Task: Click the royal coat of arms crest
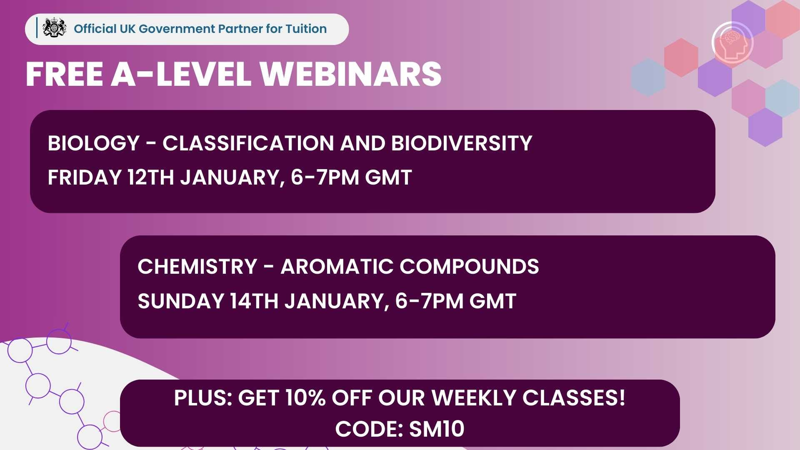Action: [55, 28]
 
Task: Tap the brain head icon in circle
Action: [732, 43]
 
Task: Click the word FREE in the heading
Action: [65, 74]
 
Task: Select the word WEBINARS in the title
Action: [350, 74]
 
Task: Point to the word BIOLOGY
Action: [93, 143]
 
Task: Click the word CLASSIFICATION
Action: [248, 143]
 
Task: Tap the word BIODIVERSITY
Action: [461, 143]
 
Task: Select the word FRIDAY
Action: [85, 177]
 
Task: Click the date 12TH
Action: [151, 177]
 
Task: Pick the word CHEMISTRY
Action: [197, 267]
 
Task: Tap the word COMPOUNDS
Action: [469, 267]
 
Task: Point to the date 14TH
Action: [254, 301]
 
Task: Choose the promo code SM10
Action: [437, 429]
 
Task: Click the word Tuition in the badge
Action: [306, 29]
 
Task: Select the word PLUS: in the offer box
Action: [203, 397]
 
